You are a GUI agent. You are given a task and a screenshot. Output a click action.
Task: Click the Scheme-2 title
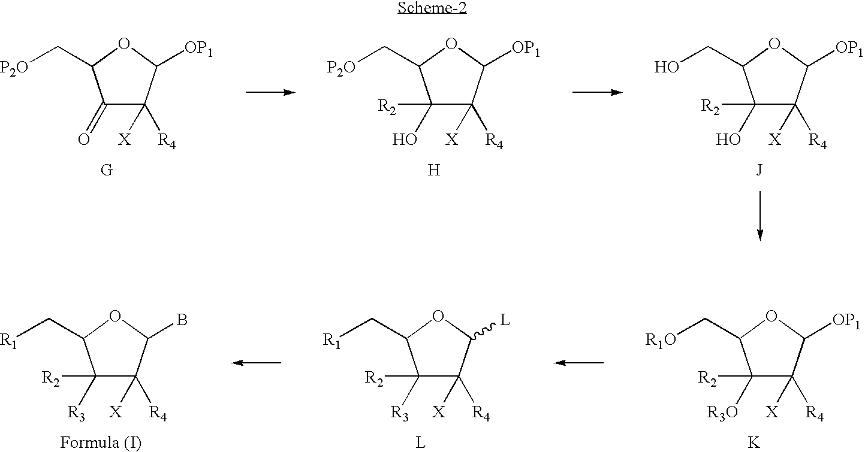point(432,8)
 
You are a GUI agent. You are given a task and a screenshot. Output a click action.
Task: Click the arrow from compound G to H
point(270,92)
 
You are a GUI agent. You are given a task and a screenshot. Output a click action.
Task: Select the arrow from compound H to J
point(598,92)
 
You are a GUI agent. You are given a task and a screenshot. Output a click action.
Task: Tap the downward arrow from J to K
point(760,216)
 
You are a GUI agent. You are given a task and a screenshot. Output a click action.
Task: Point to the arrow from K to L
point(578,363)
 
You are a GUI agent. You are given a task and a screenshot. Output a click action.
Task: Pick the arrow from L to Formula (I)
point(256,363)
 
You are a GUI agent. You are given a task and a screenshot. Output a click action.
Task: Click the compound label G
point(107,169)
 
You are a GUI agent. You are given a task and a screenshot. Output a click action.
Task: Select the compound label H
point(433,169)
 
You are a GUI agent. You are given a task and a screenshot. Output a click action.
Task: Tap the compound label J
point(759,170)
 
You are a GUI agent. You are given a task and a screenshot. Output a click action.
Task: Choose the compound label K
point(754,442)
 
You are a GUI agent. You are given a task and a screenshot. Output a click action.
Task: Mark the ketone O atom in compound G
point(84,139)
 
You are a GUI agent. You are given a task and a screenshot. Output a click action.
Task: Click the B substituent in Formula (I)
point(182,320)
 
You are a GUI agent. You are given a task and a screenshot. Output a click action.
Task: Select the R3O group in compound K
point(722,413)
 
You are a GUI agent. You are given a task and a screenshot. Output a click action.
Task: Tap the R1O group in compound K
point(661,340)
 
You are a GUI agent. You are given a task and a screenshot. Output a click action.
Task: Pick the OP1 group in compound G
point(198,49)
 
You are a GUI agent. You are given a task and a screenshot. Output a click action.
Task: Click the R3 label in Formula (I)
point(76,413)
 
